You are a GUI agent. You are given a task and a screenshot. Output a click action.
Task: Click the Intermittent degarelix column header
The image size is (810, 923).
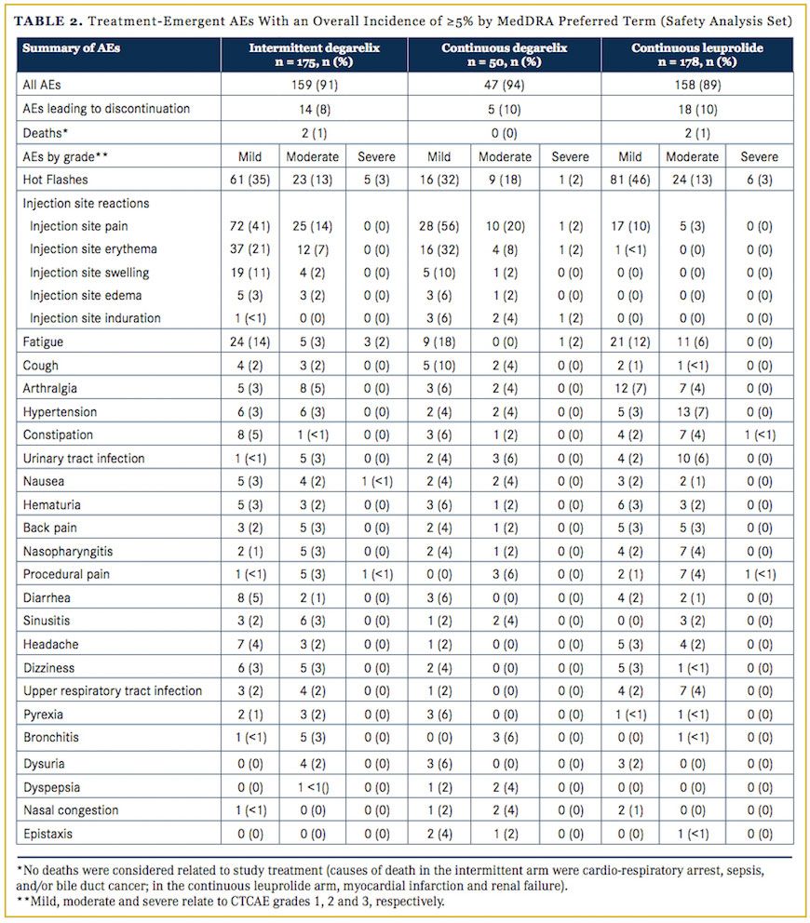coord(314,54)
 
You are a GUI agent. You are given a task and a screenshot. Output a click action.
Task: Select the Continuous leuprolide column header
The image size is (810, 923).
coord(697,54)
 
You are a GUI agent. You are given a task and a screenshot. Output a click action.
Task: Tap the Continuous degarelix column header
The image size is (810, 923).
coord(505,54)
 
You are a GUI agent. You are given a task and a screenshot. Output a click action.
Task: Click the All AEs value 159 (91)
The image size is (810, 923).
coord(314,85)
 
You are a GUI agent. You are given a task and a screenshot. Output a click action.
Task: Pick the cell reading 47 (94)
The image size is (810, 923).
coord(505,85)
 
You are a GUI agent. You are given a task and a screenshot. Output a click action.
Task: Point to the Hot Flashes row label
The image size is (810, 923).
coord(55,180)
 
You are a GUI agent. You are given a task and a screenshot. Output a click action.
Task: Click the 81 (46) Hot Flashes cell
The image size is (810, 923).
coord(632,180)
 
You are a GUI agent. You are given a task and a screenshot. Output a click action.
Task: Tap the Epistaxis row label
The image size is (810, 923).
coord(49,833)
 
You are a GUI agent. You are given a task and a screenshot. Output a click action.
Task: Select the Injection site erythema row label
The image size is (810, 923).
coord(93,249)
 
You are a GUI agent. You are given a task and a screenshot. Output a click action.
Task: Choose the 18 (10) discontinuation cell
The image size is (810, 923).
coord(697,109)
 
